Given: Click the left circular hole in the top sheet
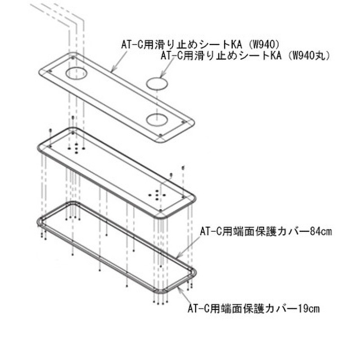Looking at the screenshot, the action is click(76, 73).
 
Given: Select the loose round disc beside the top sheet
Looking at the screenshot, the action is click(158, 83).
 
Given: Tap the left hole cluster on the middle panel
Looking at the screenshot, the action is click(76, 147).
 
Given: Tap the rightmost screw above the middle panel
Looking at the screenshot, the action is click(183, 168).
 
